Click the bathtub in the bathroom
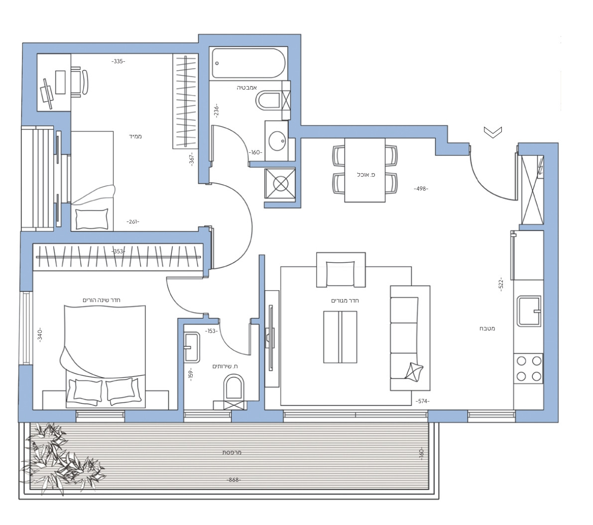(247, 63)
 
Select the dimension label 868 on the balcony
(233, 480)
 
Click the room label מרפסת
(232, 453)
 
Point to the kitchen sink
(528, 311)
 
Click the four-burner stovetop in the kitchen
(528, 368)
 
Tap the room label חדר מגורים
(345, 301)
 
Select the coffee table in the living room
(340, 337)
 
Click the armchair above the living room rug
(341, 270)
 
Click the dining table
(365, 170)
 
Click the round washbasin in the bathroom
(277, 141)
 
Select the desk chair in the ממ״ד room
(80, 82)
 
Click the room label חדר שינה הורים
(103, 300)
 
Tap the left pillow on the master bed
(88, 391)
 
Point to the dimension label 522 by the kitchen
(501, 283)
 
